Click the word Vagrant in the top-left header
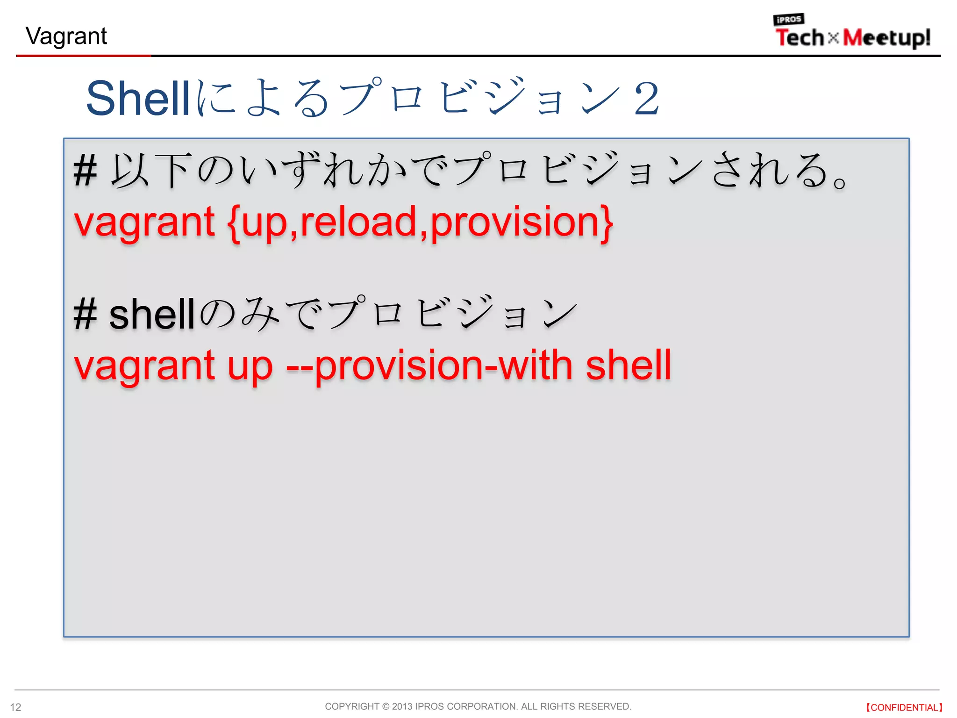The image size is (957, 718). click(66, 36)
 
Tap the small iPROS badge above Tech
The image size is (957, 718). click(788, 20)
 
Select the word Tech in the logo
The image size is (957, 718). click(800, 38)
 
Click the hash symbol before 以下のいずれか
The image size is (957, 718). click(85, 171)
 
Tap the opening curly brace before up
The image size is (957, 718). click(234, 223)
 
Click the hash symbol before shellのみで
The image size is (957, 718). click(85, 315)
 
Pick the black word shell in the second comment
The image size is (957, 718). click(152, 315)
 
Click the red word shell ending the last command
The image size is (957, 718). click(628, 365)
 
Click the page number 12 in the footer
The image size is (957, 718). click(15, 707)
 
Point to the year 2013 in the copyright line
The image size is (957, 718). click(402, 706)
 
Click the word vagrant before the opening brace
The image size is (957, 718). click(144, 223)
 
